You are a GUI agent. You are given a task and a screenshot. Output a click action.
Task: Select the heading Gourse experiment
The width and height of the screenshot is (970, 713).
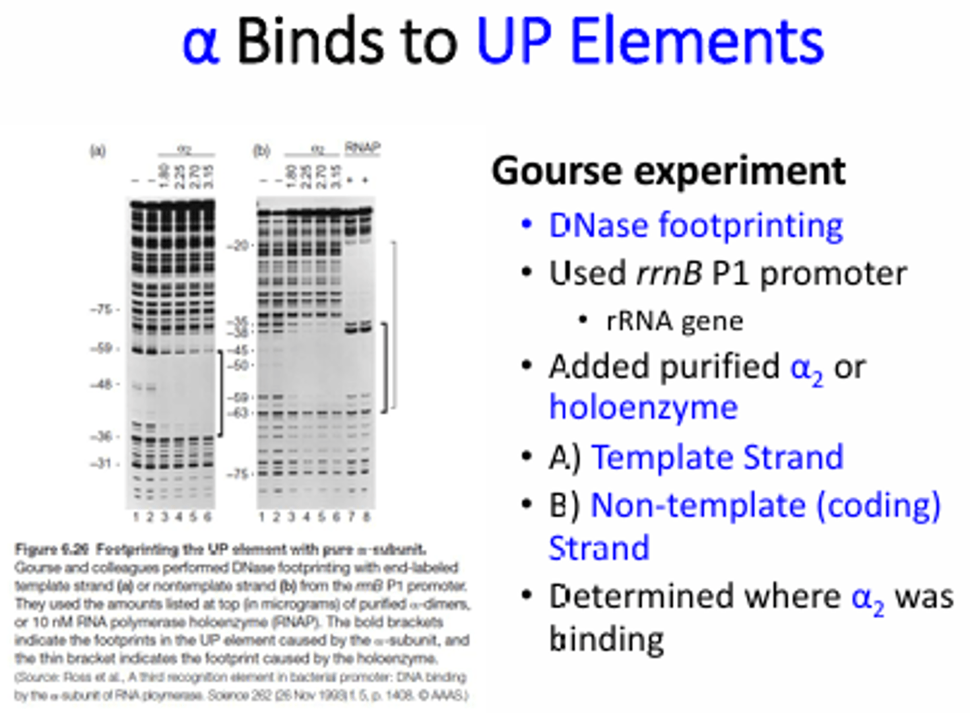tap(668, 170)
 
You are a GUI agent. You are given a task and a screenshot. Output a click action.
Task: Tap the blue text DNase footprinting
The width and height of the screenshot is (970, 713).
tap(695, 225)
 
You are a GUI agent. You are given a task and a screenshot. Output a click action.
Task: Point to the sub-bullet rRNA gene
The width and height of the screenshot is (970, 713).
tap(674, 320)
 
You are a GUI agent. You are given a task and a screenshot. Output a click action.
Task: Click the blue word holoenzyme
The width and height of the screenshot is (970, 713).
tap(643, 407)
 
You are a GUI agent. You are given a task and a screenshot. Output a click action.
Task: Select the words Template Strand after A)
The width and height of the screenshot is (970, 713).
tap(717, 457)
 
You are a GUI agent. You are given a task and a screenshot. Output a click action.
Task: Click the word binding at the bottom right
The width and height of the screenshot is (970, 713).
tap(606, 638)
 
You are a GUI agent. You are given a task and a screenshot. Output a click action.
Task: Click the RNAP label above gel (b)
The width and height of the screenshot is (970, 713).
tap(362, 147)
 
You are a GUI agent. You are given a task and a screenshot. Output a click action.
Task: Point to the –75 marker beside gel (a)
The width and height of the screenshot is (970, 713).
tap(102, 310)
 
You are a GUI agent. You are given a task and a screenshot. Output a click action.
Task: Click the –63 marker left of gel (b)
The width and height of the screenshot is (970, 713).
tap(238, 412)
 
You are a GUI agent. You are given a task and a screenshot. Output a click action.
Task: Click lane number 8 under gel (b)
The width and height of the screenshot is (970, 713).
tap(367, 517)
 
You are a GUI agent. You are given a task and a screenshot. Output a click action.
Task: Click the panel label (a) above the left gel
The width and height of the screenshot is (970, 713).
tap(98, 151)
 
